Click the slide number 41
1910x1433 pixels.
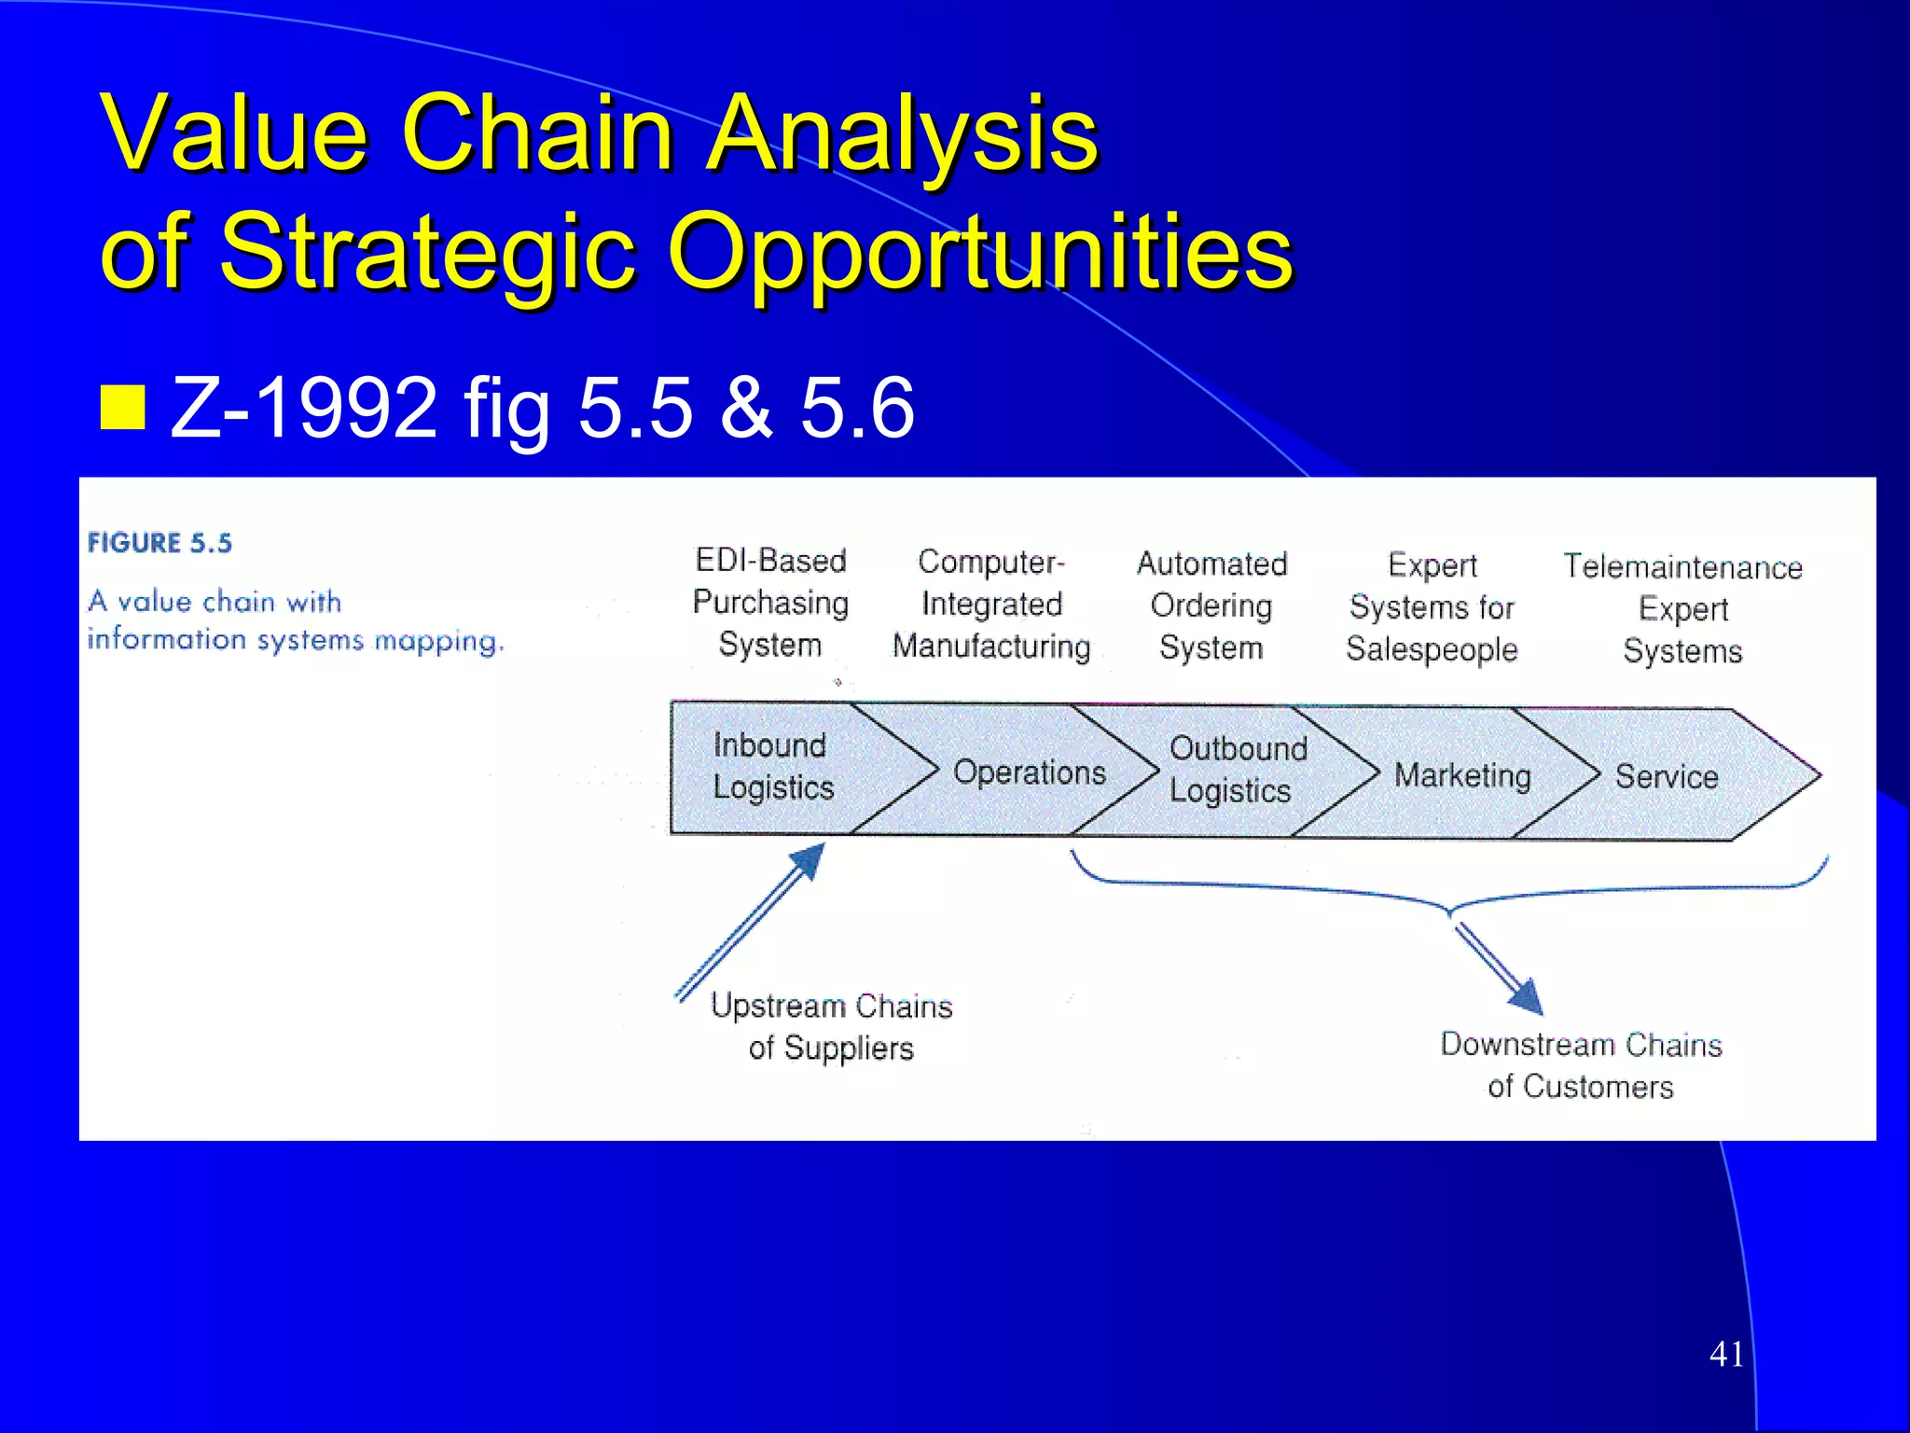point(1726,1354)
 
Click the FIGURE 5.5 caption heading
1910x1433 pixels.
point(159,543)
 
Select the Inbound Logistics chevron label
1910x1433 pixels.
point(772,766)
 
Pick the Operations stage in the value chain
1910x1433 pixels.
point(1029,772)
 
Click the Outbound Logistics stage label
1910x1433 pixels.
point(1237,769)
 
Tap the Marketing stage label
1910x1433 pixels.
point(1461,775)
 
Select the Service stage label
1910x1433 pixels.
point(1666,776)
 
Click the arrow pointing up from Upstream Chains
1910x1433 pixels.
point(752,919)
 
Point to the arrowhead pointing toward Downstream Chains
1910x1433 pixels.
point(1526,997)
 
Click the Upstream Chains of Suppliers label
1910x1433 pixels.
point(831,1026)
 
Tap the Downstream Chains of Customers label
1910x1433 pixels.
point(1581,1064)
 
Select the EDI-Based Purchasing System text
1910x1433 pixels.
point(770,603)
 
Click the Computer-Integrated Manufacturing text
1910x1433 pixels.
point(990,604)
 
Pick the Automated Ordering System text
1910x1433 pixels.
point(1211,605)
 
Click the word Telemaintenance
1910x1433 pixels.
point(1682,566)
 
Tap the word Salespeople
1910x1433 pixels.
point(1432,649)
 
